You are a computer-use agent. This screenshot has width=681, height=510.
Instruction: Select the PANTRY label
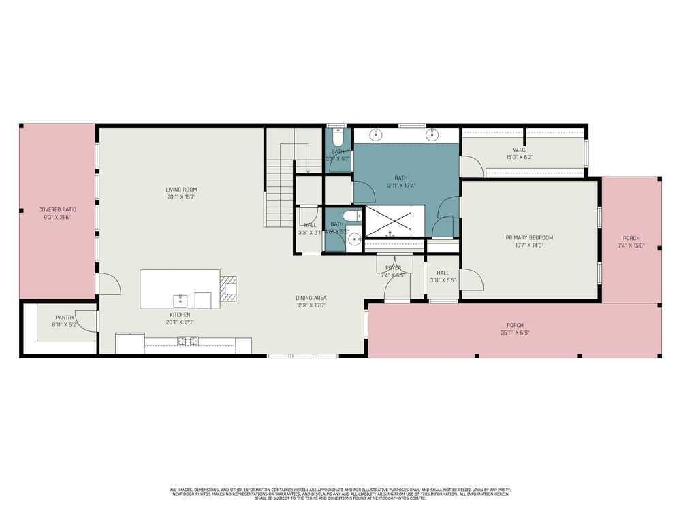(65, 318)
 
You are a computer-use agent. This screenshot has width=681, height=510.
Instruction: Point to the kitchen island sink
(180, 299)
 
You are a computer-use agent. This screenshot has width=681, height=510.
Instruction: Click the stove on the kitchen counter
(188, 341)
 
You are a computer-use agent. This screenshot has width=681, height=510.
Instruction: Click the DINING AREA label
(311, 298)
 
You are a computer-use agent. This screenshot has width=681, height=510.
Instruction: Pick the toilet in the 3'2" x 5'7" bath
(336, 132)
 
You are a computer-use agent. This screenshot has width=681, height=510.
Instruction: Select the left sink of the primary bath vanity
(376, 135)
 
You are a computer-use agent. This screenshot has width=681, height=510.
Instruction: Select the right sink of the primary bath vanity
(432, 135)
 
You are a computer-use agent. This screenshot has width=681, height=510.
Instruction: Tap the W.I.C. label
(520, 150)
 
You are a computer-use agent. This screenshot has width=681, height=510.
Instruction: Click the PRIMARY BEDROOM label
(529, 238)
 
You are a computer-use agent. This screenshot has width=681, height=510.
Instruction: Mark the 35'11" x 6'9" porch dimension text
(515, 333)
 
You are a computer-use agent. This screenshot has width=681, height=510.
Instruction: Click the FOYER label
(394, 268)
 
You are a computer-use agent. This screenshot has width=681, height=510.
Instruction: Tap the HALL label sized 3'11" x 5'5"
(443, 273)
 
